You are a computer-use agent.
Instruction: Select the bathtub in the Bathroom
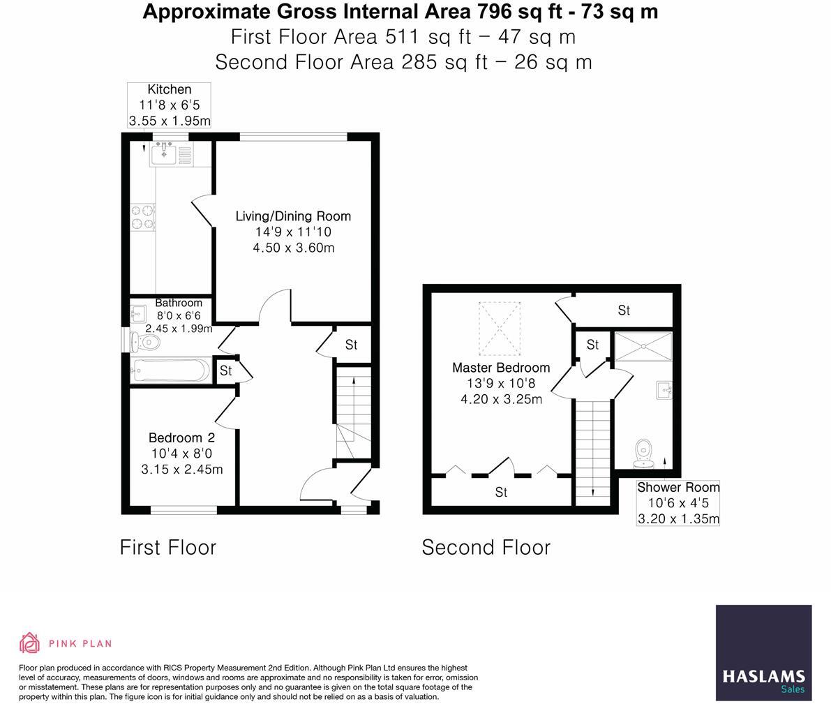[170, 370]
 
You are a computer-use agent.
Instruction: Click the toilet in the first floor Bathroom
[145, 341]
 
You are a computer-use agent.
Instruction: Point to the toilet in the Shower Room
[643, 453]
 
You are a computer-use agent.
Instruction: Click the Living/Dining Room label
[293, 216]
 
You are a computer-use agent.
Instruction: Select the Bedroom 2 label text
[181, 438]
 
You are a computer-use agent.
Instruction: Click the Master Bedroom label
[501, 368]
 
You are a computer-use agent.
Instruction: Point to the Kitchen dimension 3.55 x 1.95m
[170, 121]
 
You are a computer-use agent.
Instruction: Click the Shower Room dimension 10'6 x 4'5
[677, 503]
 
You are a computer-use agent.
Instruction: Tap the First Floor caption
[168, 548]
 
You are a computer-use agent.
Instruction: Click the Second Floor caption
[486, 548]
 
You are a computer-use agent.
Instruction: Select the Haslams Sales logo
[763, 653]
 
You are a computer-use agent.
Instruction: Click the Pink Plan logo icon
[29, 643]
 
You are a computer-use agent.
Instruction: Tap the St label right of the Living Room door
[352, 345]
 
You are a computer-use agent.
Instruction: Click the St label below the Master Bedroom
[501, 493]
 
